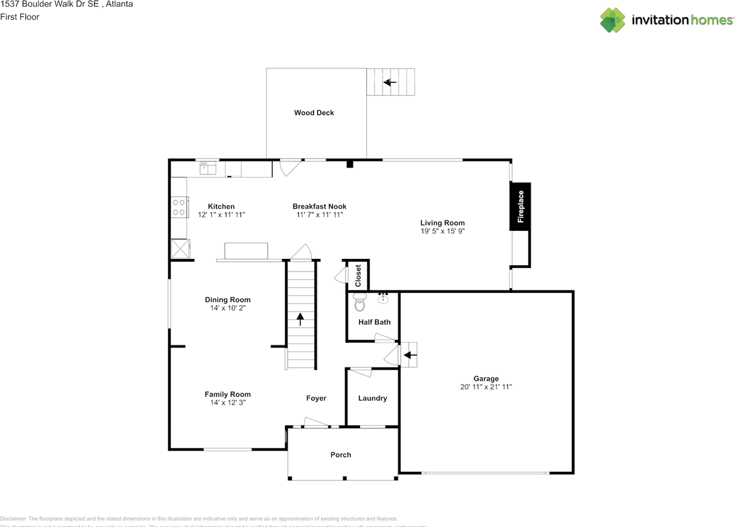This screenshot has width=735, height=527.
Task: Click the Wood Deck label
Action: pos(314,113)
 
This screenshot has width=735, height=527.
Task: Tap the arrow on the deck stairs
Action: pos(390,82)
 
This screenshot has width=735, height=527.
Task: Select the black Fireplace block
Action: pos(520,207)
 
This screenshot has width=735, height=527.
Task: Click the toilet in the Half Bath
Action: pos(360,302)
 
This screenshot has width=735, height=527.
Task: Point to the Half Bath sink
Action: pos(384,298)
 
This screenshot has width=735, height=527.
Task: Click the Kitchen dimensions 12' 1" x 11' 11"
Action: pos(221,215)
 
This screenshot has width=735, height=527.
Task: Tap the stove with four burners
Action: pos(179,207)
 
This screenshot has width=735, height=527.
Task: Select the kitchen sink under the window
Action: pos(207,168)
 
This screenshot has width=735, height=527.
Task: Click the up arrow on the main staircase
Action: pos(300,319)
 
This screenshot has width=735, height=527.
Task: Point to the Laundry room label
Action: pos(373,398)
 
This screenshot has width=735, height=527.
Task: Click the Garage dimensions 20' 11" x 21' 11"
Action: pos(486,387)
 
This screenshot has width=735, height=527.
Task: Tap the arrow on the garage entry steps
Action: pos(410,355)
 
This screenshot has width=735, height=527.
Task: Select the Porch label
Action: pos(341,455)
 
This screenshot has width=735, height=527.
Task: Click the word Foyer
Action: pos(316,398)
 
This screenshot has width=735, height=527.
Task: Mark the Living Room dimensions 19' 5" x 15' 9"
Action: pos(442,231)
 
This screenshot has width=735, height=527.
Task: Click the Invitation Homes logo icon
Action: pos(613,20)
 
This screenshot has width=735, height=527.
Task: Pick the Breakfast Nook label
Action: pos(319,207)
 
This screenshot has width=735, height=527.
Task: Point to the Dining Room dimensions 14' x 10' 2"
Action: pos(227,308)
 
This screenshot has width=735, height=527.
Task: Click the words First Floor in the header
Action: pos(20,17)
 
